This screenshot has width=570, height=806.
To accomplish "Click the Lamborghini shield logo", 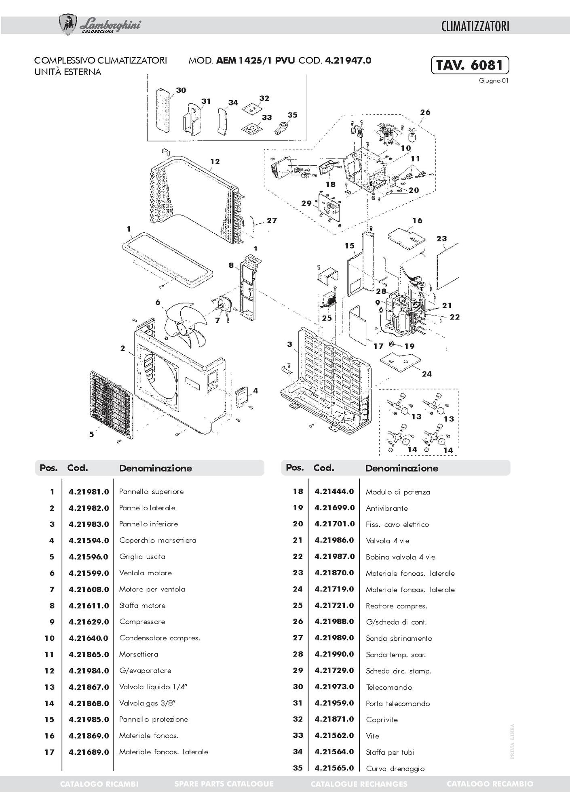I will point(68,25).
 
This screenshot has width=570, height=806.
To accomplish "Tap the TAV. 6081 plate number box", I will point(470,65).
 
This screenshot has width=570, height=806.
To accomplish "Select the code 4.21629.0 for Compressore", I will point(89,622).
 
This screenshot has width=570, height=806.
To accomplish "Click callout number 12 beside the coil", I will point(215,162).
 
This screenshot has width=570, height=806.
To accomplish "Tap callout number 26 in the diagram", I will point(425,112).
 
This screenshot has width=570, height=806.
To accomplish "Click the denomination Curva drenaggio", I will point(395,768).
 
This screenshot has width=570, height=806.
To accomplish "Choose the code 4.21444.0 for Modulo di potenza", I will point(334,492).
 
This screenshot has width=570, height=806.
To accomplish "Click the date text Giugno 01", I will point(494,80).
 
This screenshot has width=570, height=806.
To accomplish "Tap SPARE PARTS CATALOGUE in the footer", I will point(224,784).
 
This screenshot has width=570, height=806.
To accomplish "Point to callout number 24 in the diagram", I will point(427,374).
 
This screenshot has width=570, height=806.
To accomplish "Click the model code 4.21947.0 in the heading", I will point(348,61).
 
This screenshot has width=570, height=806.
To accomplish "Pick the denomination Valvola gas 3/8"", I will point(148,703).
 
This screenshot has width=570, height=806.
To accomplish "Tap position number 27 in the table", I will point(298,638).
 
